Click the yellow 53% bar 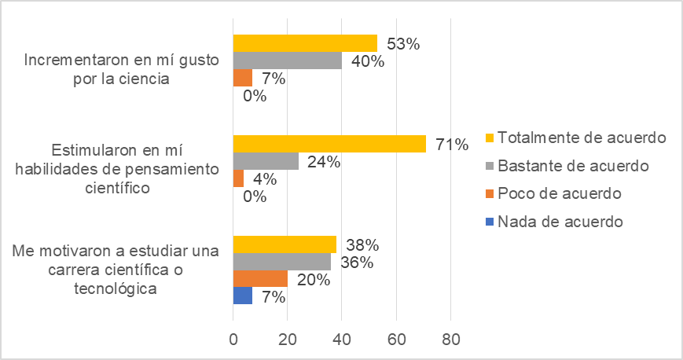point(305,43)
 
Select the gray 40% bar point(288,61)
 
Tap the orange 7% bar point(243,78)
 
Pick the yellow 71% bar point(329,143)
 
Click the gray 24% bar point(266,161)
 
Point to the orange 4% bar point(238,178)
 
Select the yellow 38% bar point(285,244)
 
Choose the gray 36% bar point(282,261)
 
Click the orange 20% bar point(260,278)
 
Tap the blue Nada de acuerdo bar point(243,296)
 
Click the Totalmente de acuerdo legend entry point(573,138)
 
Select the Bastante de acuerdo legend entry point(567,166)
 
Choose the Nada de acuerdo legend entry point(553,222)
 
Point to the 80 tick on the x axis point(450,340)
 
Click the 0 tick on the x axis point(233,340)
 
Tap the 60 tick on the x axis point(396,340)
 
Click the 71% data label point(453,144)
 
